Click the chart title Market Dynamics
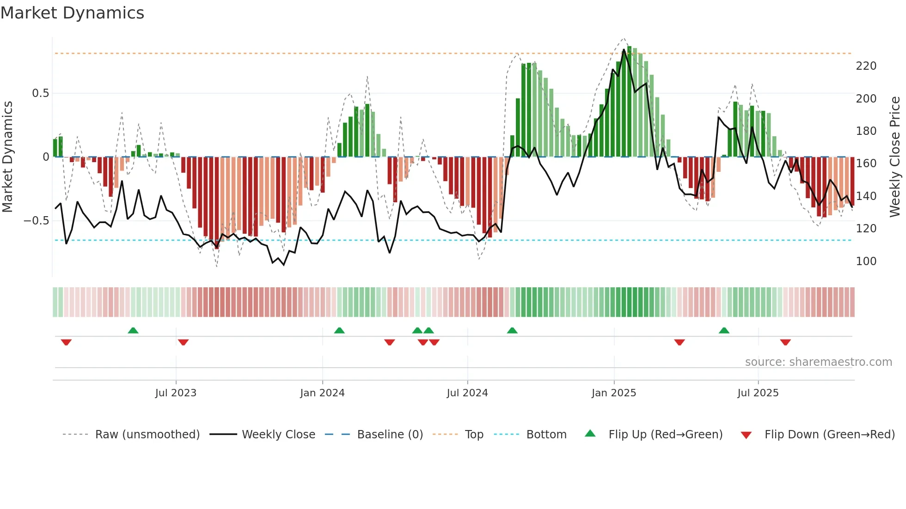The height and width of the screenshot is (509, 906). [x=73, y=13]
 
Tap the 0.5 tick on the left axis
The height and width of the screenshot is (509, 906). [x=40, y=93]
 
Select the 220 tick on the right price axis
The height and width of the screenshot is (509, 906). [x=866, y=66]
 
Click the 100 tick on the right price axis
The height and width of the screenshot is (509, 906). [x=866, y=261]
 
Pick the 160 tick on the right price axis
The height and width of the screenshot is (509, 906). [x=866, y=164]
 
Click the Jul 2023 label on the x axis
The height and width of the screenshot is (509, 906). [x=176, y=393]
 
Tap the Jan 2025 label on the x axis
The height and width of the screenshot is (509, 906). [x=614, y=393]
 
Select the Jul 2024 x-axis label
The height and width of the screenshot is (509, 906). [x=467, y=393]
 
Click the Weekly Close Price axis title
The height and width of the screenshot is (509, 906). [x=895, y=157]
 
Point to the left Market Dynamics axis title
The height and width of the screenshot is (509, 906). [x=7, y=157]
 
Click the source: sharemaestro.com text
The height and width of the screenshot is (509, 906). [x=818, y=362]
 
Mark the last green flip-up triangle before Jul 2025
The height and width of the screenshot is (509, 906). [x=724, y=330]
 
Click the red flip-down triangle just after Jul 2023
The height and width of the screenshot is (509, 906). [x=183, y=342]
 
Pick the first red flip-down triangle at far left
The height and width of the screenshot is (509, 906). [x=66, y=342]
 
